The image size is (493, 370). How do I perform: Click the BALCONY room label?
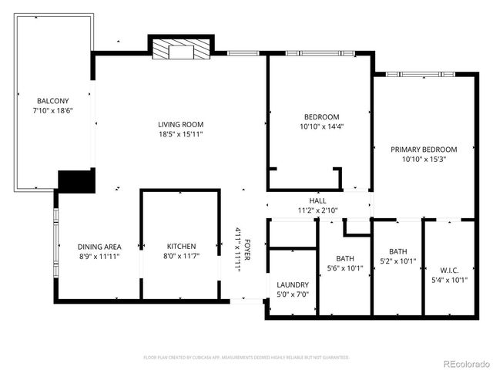coord(52,101)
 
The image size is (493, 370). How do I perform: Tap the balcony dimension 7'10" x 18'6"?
coord(52,112)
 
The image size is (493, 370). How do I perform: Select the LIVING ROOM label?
coord(180,124)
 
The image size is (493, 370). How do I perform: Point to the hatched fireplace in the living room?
coord(180,50)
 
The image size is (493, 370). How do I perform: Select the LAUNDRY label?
coord(292,284)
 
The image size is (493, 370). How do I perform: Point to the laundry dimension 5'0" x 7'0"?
coord(292,294)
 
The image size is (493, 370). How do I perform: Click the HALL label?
coord(317,200)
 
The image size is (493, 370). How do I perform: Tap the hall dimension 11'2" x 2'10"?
coord(317,210)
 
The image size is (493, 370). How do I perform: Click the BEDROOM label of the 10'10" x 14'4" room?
coord(320,116)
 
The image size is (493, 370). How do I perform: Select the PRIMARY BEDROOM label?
coord(424,150)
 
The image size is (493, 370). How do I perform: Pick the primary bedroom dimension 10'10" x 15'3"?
coord(424,160)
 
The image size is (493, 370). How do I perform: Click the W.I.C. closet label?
coord(448,270)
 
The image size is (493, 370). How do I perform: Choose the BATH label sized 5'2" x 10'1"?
coord(397,251)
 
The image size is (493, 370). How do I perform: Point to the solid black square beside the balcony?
coord(76,181)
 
